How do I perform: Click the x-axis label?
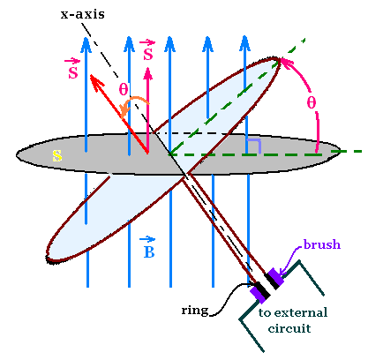(83, 14)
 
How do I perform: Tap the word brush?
(322, 244)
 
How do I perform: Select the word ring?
(195, 311)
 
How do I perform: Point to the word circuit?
(289, 328)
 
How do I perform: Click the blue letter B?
(149, 251)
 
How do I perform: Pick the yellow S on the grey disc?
(57, 156)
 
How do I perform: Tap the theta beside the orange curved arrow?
(124, 89)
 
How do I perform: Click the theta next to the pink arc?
(312, 102)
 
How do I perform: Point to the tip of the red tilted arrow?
(90, 75)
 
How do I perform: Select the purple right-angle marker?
(254, 146)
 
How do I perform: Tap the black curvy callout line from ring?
(230, 298)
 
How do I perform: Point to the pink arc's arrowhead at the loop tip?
(283, 61)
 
